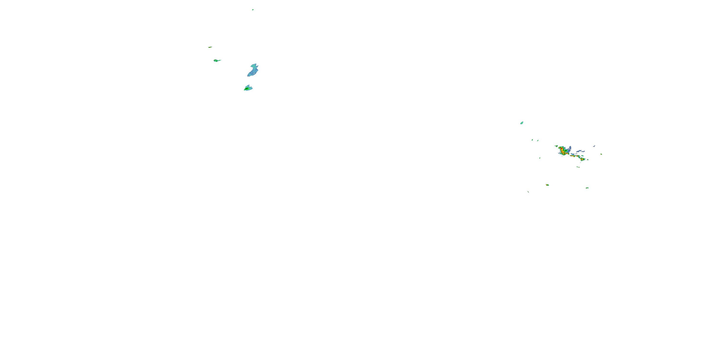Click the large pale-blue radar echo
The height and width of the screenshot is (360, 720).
tap(253, 70)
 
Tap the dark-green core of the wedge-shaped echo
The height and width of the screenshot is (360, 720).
tap(247, 89)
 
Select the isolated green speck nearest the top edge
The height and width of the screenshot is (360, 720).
tap(253, 10)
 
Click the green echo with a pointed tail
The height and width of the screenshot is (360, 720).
tap(217, 60)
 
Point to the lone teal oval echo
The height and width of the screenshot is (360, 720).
tap(522, 123)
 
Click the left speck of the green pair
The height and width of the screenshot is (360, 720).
tap(532, 140)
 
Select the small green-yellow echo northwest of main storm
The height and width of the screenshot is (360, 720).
tap(556, 146)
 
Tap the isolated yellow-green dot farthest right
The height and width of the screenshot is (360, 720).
tap(601, 154)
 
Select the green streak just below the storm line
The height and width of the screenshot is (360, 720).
tap(578, 167)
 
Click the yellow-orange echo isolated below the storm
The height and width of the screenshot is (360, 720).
tap(547, 185)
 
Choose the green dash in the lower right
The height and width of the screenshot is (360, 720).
tap(587, 188)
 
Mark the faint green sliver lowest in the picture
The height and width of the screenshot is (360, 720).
tap(528, 192)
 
